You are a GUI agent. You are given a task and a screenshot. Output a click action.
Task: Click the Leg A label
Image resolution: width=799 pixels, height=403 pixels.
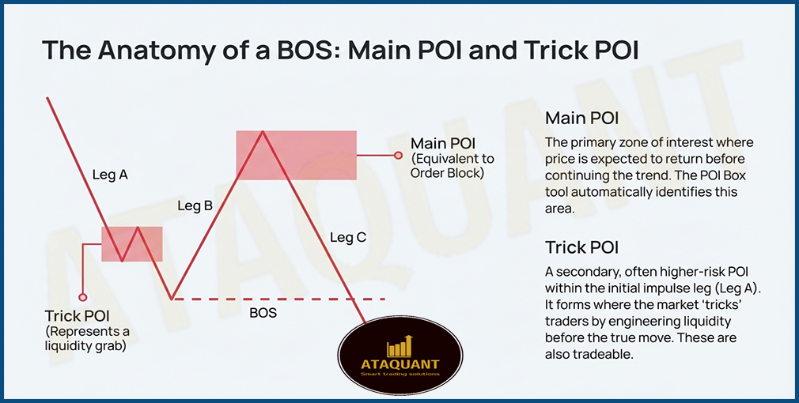tap(110, 175)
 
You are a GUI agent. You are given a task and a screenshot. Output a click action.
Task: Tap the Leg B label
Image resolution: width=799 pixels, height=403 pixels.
tap(195, 205)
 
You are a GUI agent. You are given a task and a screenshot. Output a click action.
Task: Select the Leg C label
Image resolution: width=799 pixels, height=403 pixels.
tap(348, 236)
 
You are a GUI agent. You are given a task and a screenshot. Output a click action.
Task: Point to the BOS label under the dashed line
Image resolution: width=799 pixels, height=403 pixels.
tap(263, 313)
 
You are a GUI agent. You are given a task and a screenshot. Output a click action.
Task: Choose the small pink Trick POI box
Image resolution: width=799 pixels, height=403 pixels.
tap(131, 243)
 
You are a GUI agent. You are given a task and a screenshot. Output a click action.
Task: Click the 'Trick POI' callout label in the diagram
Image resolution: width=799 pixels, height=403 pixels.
tap(78, 315)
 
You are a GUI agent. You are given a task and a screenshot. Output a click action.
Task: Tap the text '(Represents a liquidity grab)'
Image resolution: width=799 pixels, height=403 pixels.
tap(88, 337)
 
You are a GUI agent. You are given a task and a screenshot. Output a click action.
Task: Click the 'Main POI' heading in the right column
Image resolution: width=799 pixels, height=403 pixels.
tap(581, 119)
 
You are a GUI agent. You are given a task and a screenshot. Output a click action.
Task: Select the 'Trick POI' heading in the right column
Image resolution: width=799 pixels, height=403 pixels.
tap(582, 247)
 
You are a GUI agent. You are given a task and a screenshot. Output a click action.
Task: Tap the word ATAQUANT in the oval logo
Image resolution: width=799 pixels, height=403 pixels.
tap(399, 364)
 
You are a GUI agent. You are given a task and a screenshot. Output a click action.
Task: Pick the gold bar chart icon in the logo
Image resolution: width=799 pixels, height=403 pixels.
tap(399, 345)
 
